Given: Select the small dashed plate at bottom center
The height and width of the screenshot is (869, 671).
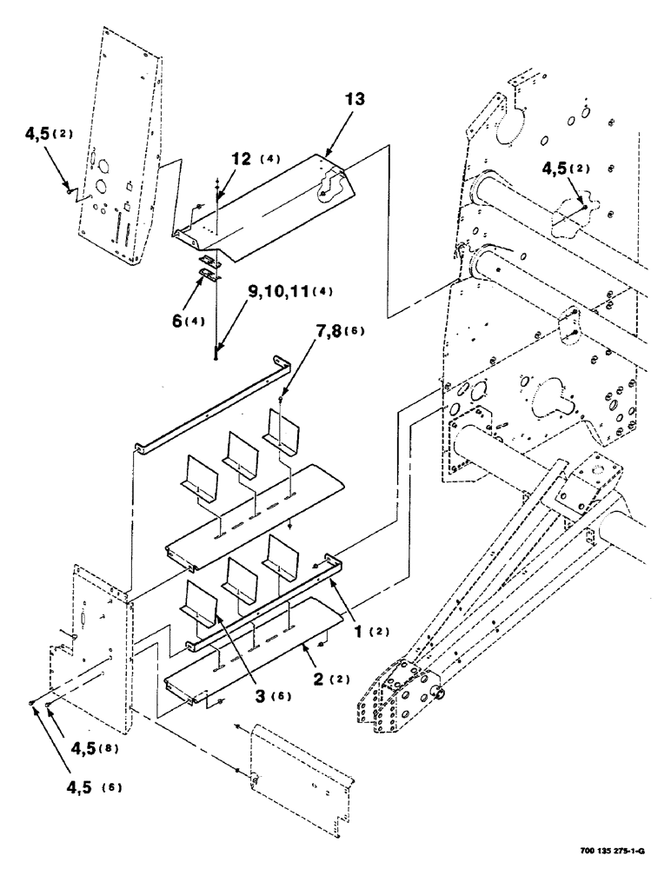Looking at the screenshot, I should click(x=300, y=778).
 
